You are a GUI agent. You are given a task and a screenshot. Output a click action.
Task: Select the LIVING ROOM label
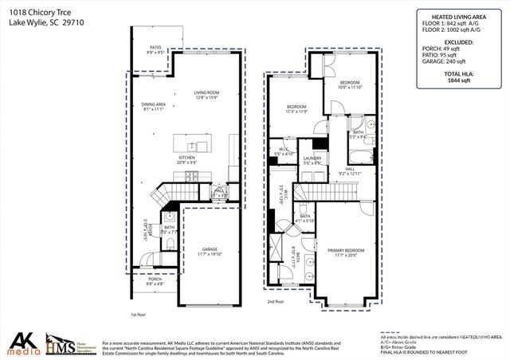tap(206, 94)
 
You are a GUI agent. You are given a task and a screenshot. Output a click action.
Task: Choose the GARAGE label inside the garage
tap(210, 252)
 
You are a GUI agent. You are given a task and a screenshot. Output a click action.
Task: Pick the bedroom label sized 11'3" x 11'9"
tap(296, 108)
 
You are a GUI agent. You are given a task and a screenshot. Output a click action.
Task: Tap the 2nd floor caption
tap(276, 303)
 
